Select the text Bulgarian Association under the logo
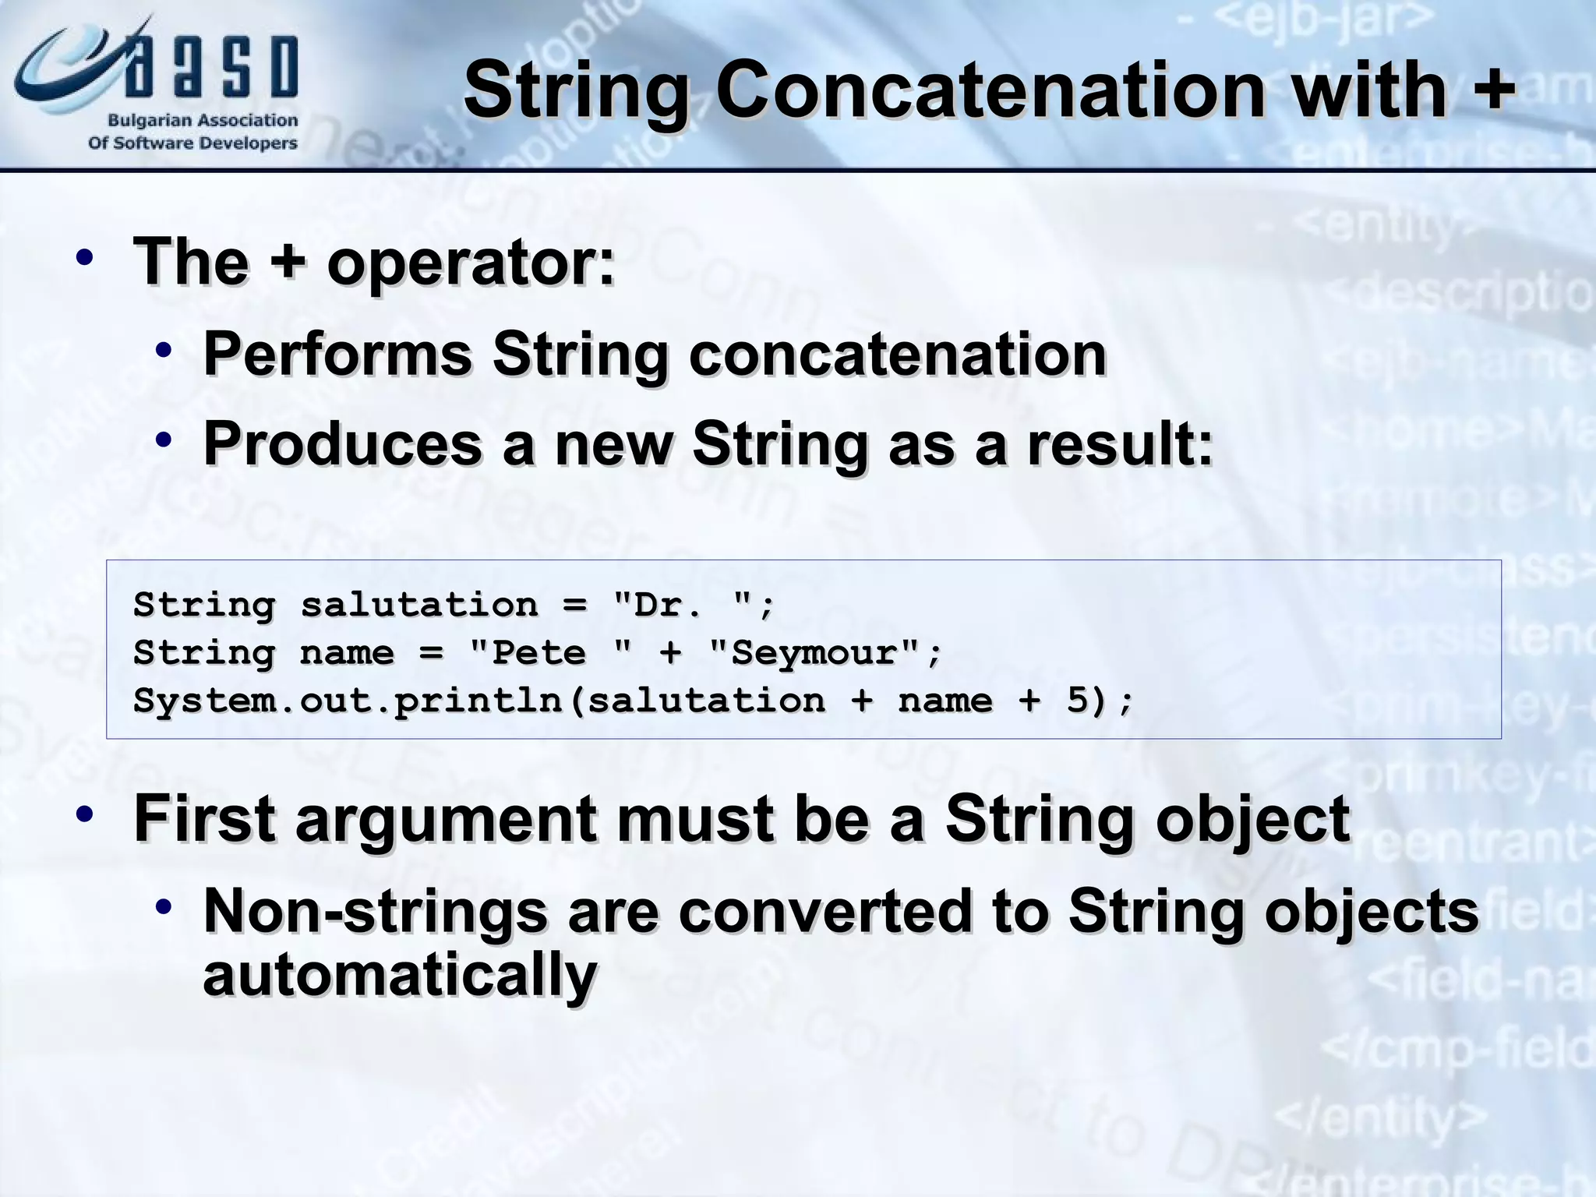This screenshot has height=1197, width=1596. coord(203,121)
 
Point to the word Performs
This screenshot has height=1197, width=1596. coord(337,355)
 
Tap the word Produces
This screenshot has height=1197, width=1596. coord(343,444)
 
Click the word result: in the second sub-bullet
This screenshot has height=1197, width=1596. coord(1120,444)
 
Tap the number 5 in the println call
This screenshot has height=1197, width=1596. coord(1076,701)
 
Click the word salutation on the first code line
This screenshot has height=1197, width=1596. coord(419,605)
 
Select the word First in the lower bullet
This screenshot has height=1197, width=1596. coord(205,818)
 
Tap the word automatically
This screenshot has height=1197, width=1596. coord(400,976)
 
